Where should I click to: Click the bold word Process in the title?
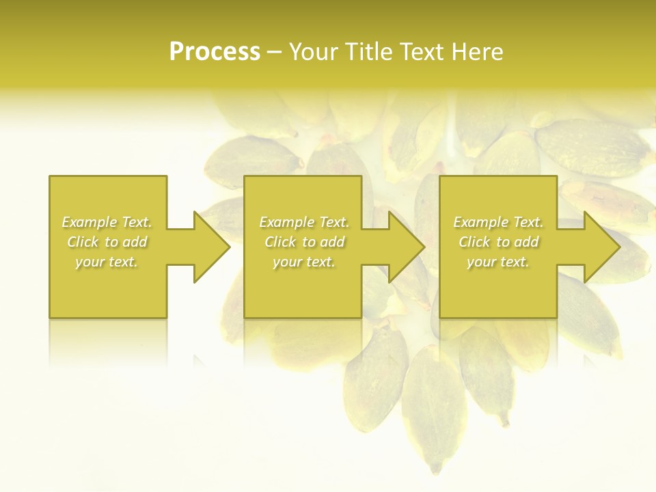pyautogui.click(x=215, y=52)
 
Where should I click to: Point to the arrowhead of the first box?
pyautogui.click(x=212, y=247)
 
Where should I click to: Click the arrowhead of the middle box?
pyautogui.click(x=407, y=247)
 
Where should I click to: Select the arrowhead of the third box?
pyautogui.click(x=602, y=247)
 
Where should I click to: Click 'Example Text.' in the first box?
pyautogui.click(x=107, y=222)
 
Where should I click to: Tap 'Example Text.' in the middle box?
pyautogui.click(x=304, y=222)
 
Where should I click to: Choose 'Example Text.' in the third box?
pyautogui.click(x=498, y=222)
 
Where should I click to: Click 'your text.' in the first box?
pyautogui.click(x=107, y=262)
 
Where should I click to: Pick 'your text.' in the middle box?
pyautogui.click(x=304, y=262)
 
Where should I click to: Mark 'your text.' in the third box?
pyautogui.click(x=498, y=262)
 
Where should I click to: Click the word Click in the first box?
pyautogui.click(x=83, y=242)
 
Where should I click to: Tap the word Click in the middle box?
pyautogui.click(x=280, y=242)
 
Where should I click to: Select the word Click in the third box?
pyautogui.click(x=474, y=242)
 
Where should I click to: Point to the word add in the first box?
pyautogui.click(x=135, y=242)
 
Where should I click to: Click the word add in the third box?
pyautogui.click(x=526, y=242)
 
